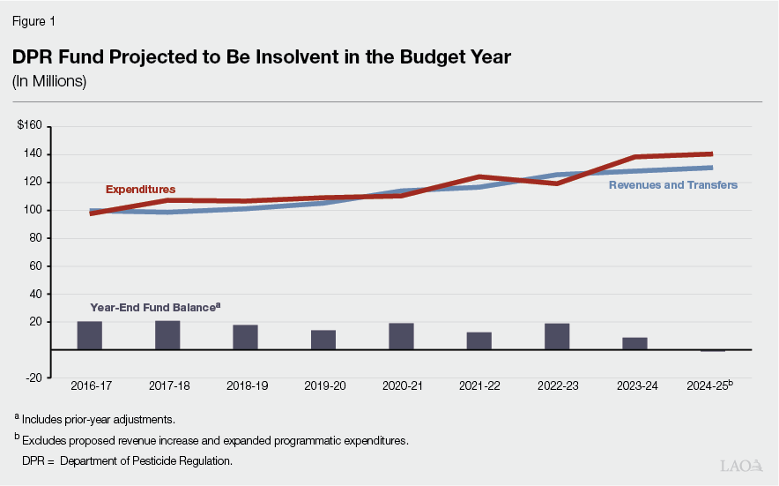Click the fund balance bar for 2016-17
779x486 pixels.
click(89, 335)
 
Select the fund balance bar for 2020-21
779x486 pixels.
click(401, 336)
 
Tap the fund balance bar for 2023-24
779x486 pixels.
click(634, 343)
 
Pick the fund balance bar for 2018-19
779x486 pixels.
click(245, 337)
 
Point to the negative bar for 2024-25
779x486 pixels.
click(712, 350)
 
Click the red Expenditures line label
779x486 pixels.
click(140, 190)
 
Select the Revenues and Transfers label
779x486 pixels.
click(672, 185)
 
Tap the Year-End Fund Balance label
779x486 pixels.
click(154, 308)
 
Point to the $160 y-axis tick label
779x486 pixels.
click(29, 126)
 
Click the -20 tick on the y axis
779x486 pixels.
click(33, 378)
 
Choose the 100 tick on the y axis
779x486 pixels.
click(33, 210)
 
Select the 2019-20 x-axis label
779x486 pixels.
click(323, 386)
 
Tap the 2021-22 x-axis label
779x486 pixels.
click(479, 386)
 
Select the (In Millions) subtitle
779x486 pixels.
click(48, 81)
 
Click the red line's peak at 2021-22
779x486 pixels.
click(479, 176)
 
